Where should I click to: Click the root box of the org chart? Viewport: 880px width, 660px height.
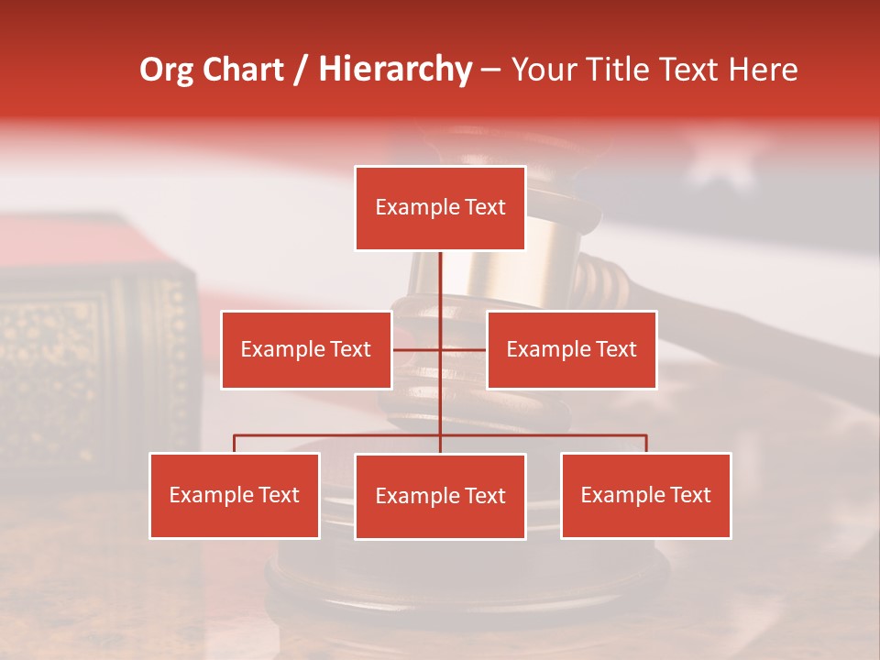pos(440,208)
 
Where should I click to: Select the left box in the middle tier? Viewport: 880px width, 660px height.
pos(306,350)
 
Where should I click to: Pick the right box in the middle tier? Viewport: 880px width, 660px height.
pos(571,350)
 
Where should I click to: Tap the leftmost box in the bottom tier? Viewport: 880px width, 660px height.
pos(235,496)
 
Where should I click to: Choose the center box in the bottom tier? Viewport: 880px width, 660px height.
pos(440,497)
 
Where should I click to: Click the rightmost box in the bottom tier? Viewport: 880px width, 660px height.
pos(645,496)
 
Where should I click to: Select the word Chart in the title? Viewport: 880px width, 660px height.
pos(243,71)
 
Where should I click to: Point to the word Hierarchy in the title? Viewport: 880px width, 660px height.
pos(394,71)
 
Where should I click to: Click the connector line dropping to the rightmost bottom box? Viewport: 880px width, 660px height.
pos(646,444)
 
